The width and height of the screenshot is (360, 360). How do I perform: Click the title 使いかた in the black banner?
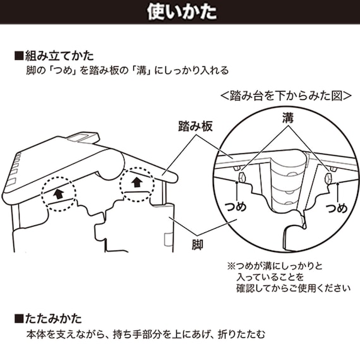click(x=179, y=12)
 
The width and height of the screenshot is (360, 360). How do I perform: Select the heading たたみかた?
click(x=56, y=318)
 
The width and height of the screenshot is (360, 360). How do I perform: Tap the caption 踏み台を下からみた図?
click(x=285, y=97)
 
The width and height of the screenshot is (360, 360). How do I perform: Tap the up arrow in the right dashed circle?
click(x=137, y=183)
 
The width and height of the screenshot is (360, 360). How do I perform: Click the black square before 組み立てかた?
click(x=18, y=55)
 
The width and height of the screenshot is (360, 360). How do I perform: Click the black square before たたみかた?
click(x=18, y=318)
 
